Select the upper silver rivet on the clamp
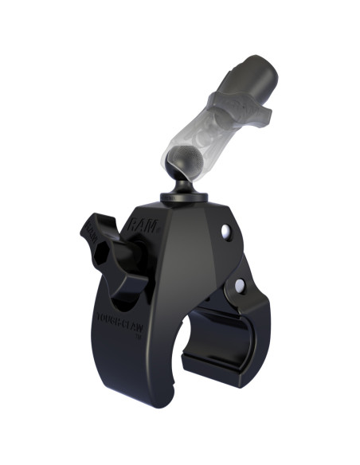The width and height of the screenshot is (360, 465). point(225,231)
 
